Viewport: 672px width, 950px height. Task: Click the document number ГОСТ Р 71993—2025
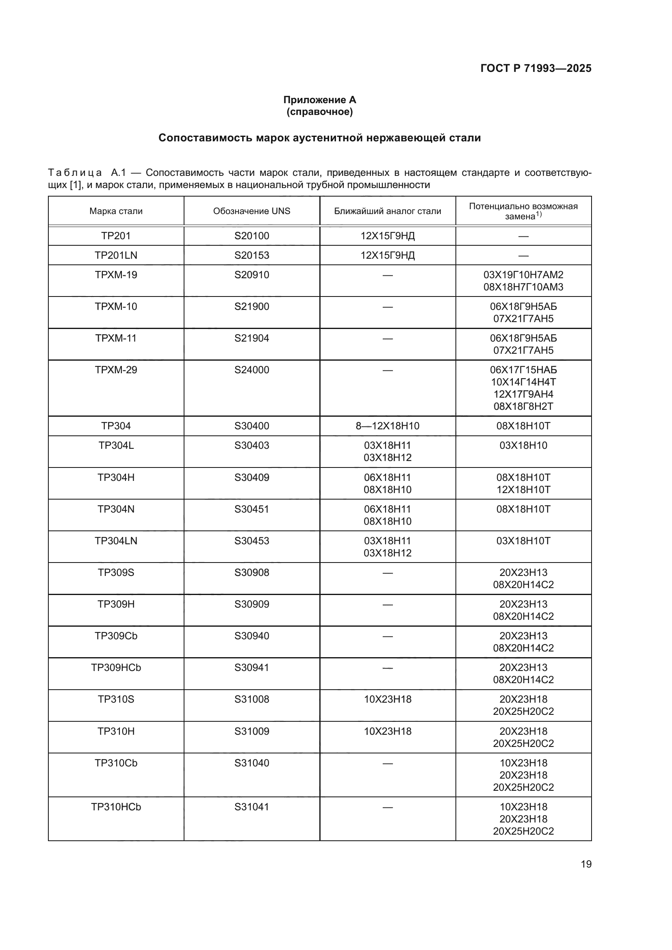535,68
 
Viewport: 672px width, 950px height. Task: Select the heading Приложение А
319,100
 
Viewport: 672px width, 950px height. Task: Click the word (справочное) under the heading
319,112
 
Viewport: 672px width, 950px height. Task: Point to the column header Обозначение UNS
251,211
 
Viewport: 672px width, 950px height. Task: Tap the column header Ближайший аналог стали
387,211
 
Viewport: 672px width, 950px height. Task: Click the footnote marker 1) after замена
539,214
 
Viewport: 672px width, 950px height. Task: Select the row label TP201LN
116,255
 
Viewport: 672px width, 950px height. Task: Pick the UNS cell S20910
251,275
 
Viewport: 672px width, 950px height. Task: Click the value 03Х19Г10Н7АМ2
523,275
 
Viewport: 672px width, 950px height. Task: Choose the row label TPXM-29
116,370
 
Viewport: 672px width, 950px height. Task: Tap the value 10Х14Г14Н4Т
523,382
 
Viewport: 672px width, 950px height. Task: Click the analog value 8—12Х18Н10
387,426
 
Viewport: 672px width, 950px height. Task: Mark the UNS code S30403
251,445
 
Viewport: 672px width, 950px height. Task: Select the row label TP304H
116,478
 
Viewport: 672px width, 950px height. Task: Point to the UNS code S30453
251,541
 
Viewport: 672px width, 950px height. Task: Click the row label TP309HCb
116,667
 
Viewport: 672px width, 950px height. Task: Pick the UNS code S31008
251,699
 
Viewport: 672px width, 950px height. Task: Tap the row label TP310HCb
116,807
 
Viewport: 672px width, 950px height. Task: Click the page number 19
586,864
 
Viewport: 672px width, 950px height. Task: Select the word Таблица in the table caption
75,173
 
